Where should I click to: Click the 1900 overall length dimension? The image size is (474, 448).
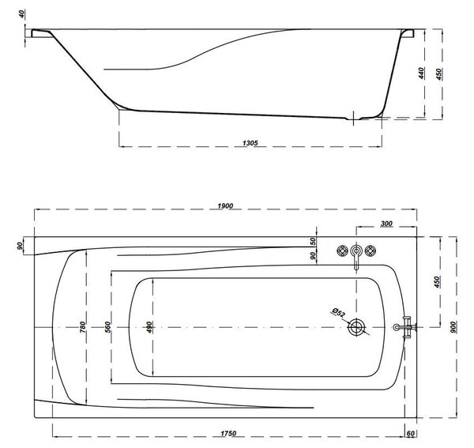pos(225,205)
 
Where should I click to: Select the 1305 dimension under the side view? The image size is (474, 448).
pos(250,142)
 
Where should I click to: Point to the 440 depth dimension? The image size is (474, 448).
pos(421,73)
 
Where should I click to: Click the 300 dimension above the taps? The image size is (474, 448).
pos(386,224)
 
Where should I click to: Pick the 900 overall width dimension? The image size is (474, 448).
pos(453,327)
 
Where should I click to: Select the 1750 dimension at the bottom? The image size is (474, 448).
pos(228,434)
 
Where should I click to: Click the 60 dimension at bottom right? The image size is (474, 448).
pos(410,434)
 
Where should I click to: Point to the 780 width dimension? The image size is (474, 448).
pos(82,327)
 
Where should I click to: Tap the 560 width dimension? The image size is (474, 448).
pos(107,327)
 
